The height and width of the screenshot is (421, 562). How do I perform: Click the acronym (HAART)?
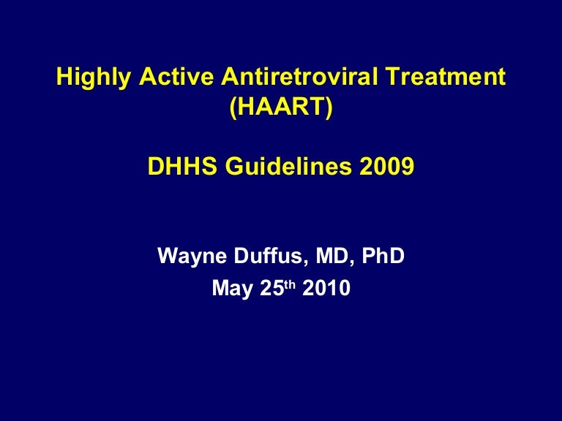pos(281,108)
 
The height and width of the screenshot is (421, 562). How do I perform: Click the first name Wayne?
pos(190,257)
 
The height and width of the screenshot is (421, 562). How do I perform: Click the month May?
pos(231,289)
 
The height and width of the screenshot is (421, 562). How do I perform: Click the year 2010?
pos(326,289)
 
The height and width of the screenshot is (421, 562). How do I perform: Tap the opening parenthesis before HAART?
pos(233,109)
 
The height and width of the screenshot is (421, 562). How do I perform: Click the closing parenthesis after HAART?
pos(329,109)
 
